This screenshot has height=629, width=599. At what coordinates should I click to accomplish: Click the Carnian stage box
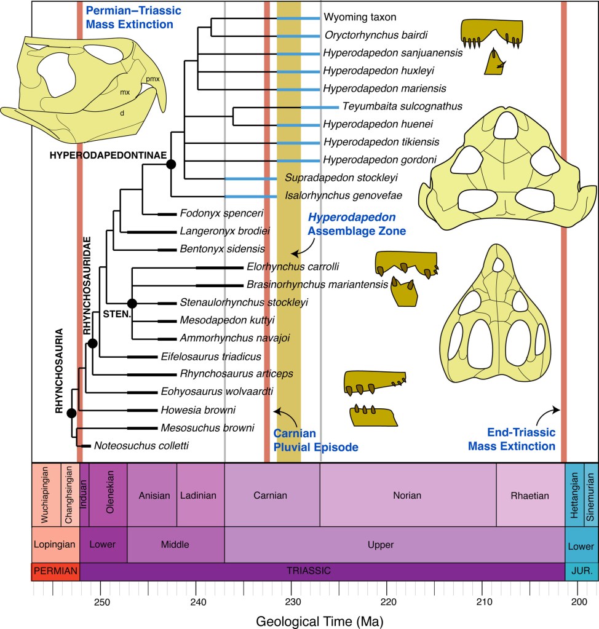coord(272,495)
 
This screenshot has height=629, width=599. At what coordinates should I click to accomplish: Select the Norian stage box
coord(408,495)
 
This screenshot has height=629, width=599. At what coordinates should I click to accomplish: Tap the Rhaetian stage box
coord(530,495)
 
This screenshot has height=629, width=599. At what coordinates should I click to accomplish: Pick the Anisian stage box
coord(152,495)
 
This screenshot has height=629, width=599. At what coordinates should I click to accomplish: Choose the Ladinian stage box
coord(200,495)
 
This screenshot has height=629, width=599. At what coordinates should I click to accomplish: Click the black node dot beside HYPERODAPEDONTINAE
coord(171,164)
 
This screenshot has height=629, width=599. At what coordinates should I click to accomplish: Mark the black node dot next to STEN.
coord(132,303)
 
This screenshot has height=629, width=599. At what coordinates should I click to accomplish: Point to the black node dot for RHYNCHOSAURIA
coord(71,413)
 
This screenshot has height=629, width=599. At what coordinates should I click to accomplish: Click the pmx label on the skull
coord(152,78)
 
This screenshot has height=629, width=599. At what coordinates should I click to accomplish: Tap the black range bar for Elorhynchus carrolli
coord(219,267)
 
